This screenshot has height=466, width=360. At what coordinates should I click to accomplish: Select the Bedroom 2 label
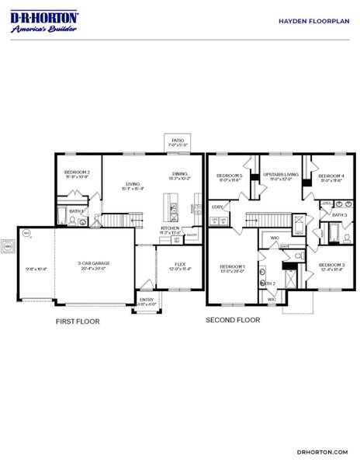click(77, 173)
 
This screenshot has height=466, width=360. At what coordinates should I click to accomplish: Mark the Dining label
click(180, 176)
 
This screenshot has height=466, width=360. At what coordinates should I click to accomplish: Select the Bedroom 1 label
click(233, 269)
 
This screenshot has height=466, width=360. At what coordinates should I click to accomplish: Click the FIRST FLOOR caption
click(77, 320)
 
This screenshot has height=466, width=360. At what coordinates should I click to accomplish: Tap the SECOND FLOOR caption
click(233, 319)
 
